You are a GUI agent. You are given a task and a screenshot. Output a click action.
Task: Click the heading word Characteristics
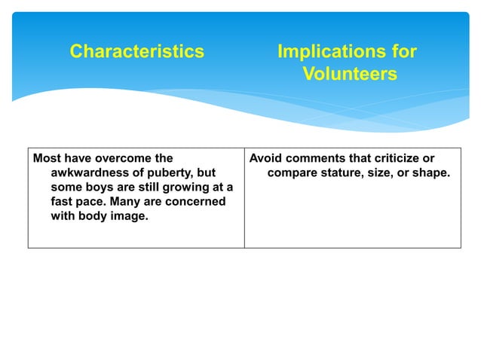pyautogui.click(x=136, y=51)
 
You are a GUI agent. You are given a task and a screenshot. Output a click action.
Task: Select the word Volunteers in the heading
pyautogui.click(x=350, y=74)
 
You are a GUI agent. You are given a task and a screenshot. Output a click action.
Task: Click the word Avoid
pyautogui.click(x=265, y=159)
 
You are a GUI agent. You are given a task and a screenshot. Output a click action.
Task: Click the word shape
pyautogui.click(x=430, y=173)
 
